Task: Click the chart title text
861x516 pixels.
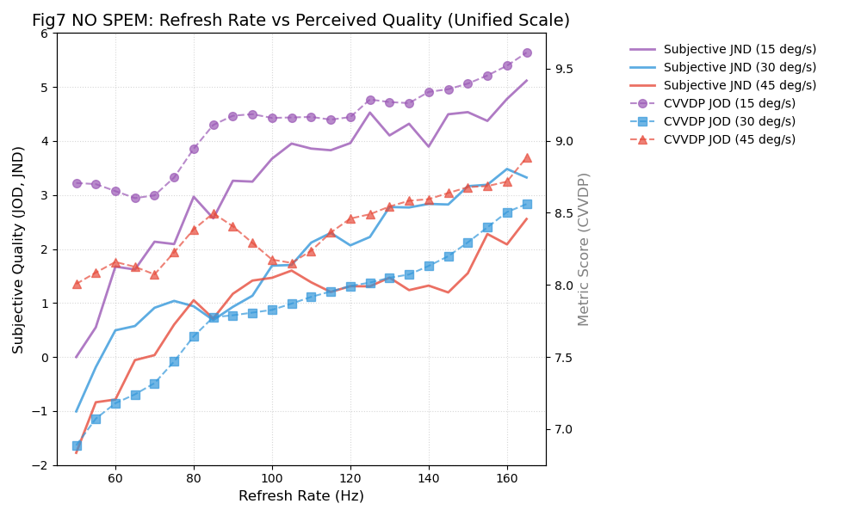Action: click(300, 21)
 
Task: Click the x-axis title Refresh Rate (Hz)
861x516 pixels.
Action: click(300, 496)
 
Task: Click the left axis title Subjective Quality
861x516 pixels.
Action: click(19, 249)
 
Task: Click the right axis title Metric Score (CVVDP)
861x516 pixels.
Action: click(585, 249)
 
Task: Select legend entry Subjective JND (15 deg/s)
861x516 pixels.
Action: click(740, 50)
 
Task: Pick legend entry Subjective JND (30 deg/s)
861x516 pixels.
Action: click(740, 68)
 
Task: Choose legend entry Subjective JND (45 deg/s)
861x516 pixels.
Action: click(740, 86)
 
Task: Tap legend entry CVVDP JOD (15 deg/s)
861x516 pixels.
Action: click(729, 104)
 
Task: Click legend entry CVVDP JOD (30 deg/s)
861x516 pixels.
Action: click(729, 122)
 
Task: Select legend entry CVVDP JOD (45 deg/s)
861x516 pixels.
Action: click(729, 140)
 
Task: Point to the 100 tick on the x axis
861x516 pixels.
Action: click(272, 477)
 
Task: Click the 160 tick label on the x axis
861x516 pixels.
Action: click(507, 477)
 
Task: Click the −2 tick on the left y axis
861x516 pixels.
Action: click(41, 465)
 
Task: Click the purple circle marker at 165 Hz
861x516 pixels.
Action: click(527, 52)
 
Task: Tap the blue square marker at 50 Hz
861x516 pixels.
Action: click(77, 445)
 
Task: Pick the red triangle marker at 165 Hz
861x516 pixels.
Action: click(527, 158)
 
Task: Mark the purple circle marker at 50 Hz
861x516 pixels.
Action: click(77, 183)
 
